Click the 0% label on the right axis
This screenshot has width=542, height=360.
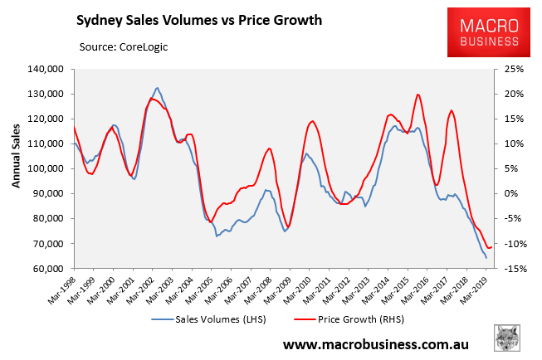(503, 194)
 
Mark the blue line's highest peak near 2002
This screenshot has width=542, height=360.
(157, 88)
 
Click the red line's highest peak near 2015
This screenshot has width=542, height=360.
(417, 95)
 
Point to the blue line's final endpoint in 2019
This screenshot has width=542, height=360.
(486, 258)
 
